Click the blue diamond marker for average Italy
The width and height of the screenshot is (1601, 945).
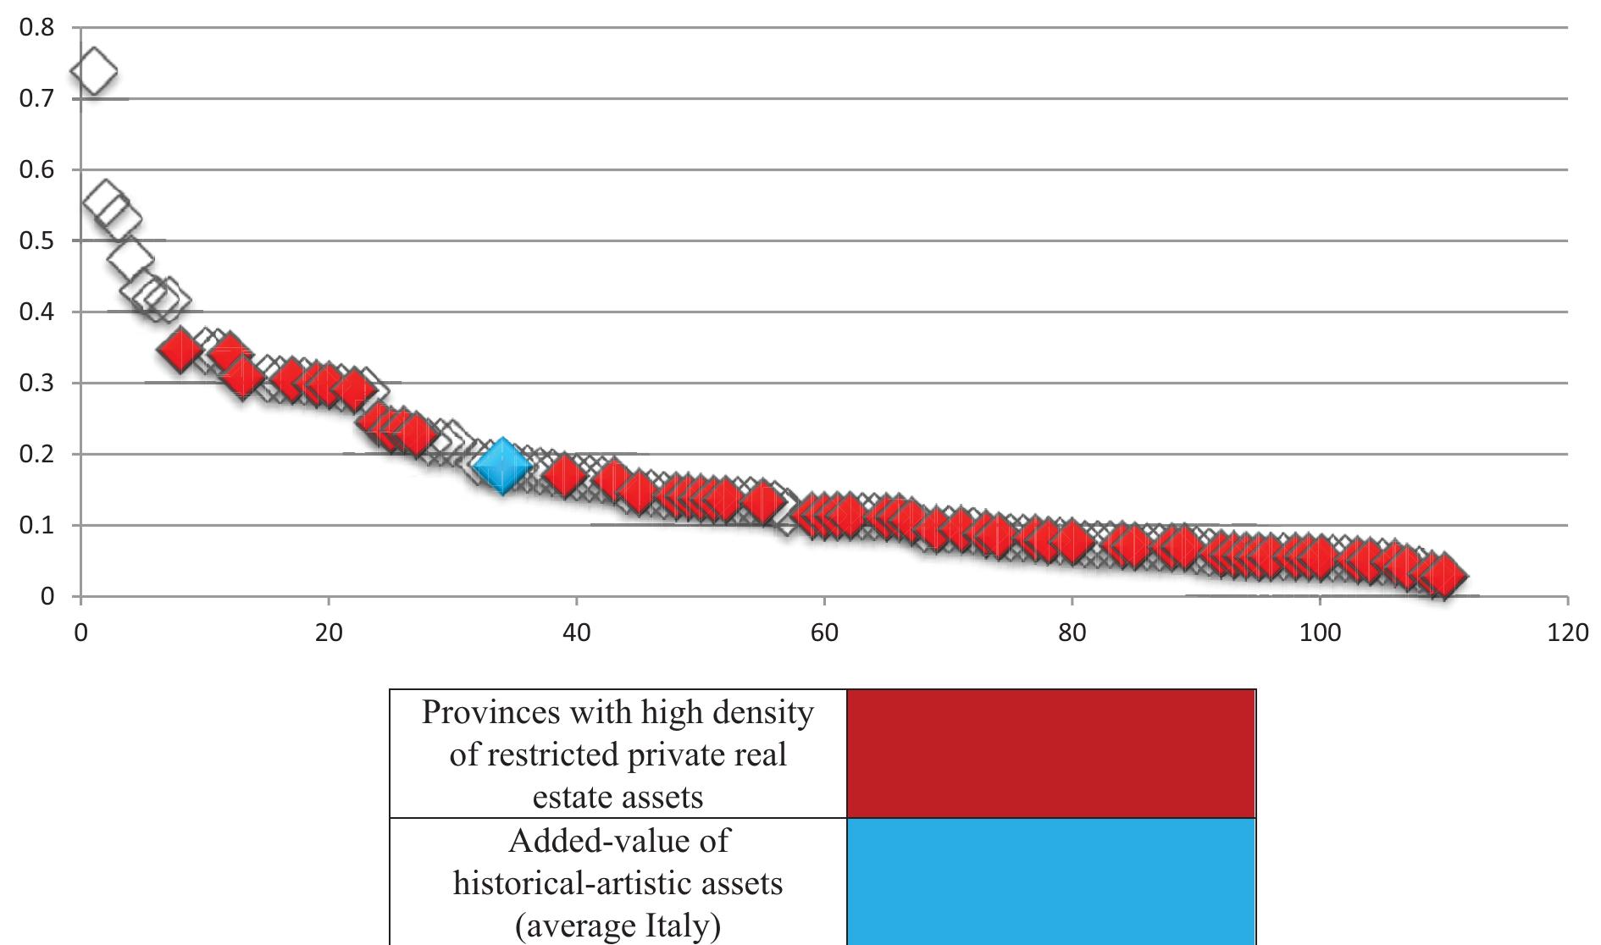click(502, 466)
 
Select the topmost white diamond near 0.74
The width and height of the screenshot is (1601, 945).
click(93, 72)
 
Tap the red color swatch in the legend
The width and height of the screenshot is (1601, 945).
click(1050, 753)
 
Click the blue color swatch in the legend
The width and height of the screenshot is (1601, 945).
click(1050, 881)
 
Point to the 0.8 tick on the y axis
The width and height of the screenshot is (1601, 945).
click(36, 28)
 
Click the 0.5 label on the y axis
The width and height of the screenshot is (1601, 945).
click(36, 241)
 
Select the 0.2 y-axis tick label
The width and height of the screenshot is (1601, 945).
click(36, 455)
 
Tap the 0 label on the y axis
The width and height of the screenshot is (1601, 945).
click(47, 597)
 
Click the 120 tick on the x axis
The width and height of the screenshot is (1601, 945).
click(1567, 633)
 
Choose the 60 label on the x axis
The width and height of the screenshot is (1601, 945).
click(824, 633)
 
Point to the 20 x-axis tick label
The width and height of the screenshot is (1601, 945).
click(329, 633)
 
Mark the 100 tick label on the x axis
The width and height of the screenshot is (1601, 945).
click(1320, 633)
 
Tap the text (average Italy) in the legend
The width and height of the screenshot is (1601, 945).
click(618, 926)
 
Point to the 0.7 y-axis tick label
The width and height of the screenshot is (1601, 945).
click(36, 99)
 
